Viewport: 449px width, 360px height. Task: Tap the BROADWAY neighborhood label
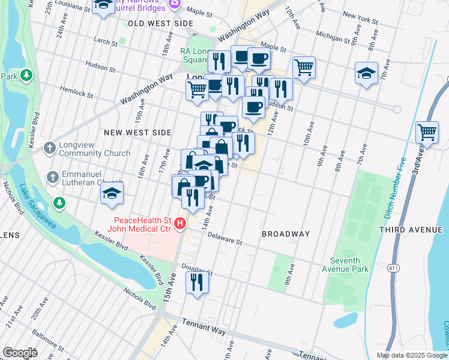click(x=285, y=234)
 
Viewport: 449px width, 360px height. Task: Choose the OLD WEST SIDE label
click(x=152, y=23)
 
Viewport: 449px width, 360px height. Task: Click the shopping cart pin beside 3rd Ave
click(x=426, y=131)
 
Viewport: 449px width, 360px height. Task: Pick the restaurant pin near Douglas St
click(x=197, y=281)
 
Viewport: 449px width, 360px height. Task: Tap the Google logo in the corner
click(x=20, y=352)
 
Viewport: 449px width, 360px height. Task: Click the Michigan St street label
click(x=330, y=37)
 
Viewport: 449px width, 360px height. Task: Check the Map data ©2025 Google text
click(x=412, y=355)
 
